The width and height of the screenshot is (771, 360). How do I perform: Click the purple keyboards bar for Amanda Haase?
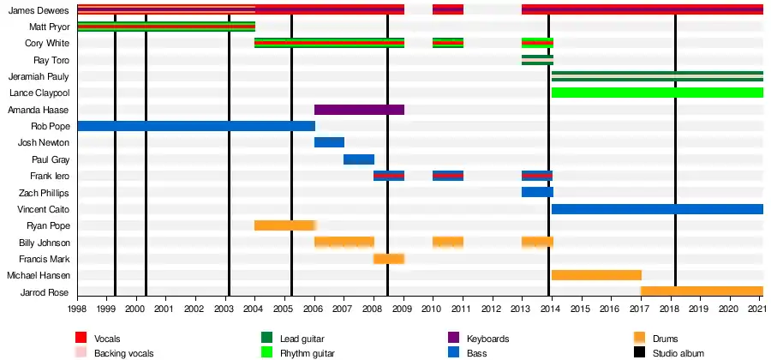359,110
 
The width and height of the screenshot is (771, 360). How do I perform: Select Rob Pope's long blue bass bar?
195,126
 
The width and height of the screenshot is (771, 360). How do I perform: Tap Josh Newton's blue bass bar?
329,142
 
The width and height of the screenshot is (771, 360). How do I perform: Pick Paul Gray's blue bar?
359,159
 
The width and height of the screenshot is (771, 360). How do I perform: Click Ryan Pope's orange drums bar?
284,225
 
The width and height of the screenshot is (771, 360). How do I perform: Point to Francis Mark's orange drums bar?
389,259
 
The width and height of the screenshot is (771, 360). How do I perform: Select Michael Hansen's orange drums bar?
596,275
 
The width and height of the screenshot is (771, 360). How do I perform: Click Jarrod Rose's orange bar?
702,291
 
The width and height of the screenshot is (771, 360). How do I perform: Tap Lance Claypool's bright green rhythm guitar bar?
657,93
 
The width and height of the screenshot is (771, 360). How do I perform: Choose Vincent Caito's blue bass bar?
657,209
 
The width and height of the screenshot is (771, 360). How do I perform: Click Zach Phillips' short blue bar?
537,192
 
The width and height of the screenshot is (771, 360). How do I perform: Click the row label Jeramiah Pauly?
39,76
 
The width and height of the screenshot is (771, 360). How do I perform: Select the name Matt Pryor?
50,27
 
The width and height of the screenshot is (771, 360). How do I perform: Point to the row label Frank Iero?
51,176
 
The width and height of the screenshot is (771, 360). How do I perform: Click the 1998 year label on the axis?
77,308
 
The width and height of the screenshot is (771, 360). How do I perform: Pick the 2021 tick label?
758,308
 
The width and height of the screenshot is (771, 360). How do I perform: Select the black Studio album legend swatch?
639,352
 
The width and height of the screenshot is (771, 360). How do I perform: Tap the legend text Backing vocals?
120,352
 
